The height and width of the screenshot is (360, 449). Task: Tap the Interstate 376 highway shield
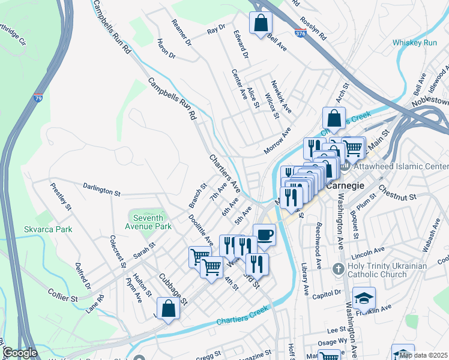point(301,34)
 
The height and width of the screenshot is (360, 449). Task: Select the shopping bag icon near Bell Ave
point(261,23)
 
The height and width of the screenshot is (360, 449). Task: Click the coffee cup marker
point(264,234)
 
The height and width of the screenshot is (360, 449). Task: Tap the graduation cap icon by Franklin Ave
point(364,297)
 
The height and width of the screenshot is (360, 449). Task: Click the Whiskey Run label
point(415,43)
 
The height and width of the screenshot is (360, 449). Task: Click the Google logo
point(19,353)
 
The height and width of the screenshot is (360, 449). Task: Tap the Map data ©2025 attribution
point(423,355)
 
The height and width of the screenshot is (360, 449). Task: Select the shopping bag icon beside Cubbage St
point(169,308)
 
